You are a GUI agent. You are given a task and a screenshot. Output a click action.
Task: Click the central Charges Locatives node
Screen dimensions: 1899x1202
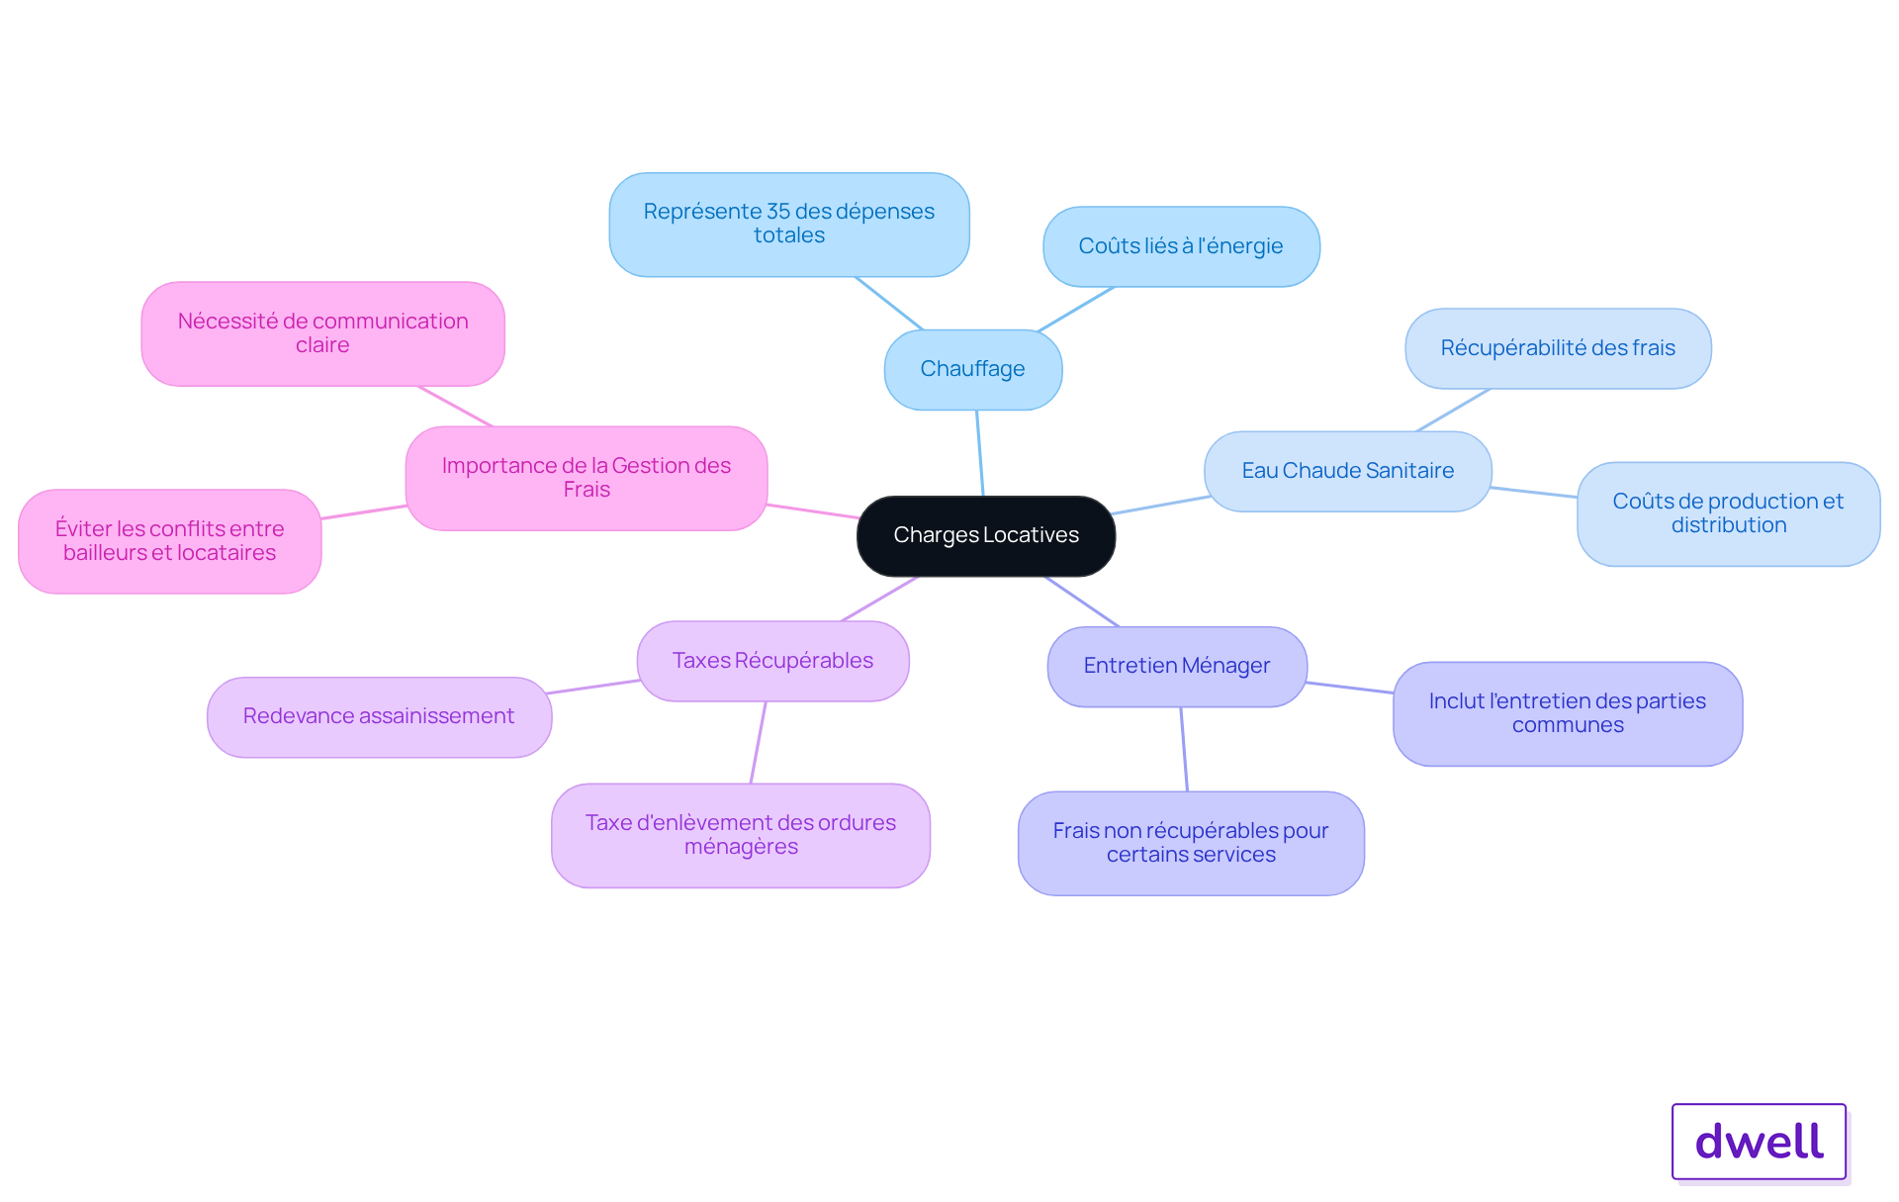[986, 535]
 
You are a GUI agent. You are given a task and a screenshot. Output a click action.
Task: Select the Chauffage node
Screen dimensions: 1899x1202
[973, 369]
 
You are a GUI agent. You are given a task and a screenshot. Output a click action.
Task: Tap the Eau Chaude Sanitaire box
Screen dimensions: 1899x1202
[1348, 471]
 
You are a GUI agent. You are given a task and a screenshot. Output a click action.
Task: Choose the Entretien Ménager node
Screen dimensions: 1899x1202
[1177, 666]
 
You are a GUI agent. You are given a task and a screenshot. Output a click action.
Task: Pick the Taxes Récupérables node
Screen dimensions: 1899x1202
[773, 661]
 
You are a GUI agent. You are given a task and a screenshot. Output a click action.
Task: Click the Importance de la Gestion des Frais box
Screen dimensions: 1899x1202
[587, 478]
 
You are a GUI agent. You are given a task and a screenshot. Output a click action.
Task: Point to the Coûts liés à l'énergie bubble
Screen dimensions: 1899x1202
[1181, 246]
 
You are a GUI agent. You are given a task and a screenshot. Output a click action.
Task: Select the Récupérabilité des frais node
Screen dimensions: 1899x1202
[1558, 348]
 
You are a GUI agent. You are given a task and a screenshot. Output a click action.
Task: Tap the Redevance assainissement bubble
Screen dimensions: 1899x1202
[379, 716]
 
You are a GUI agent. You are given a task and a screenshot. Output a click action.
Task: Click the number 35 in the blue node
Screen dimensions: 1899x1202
[778, 211]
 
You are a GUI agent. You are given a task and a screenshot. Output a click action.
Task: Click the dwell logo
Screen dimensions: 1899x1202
[1759, 1142]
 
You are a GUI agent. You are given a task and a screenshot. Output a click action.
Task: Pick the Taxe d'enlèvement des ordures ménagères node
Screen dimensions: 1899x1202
[741, 835]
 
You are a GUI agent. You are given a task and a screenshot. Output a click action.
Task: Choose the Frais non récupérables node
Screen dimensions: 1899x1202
[1191, 843]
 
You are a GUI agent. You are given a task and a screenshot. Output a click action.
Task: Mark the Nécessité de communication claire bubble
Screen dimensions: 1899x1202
[322, 333]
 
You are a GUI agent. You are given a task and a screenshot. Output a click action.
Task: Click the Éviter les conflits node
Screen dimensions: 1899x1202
[170, 541]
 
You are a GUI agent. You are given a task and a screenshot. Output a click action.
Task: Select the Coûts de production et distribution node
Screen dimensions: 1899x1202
[1728, 513]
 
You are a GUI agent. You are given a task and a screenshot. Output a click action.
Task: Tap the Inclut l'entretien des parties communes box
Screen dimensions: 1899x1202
[1568, 713]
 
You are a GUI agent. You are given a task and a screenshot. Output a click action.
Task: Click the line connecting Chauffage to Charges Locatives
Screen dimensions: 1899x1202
[980, 453]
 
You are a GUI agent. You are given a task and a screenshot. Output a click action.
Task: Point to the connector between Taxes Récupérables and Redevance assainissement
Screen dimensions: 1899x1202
[593, 687]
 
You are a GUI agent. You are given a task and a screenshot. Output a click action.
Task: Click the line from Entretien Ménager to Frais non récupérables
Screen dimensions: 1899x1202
[1184, 749]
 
